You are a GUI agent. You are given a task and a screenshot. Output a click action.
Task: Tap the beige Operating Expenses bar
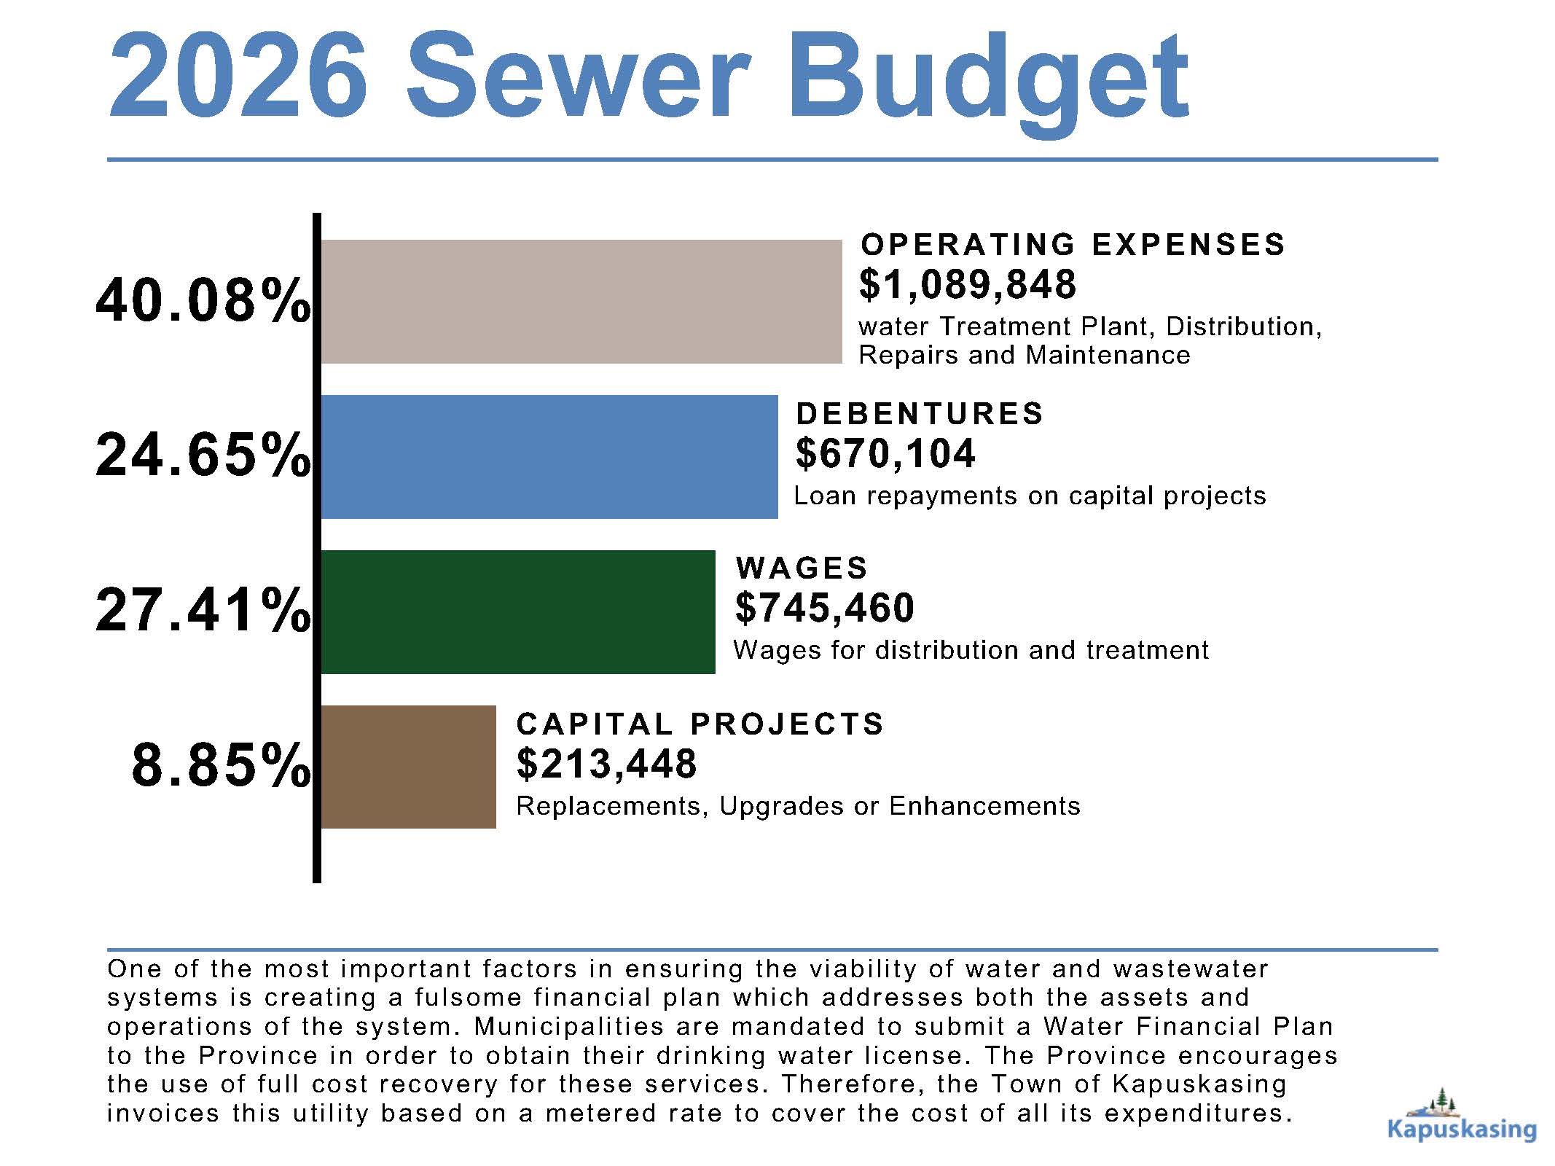[x=581, y=301]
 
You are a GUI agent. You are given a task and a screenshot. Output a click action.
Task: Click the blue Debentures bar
[x=549, y=456]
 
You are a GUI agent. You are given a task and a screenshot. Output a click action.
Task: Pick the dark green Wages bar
[x=517, y=611]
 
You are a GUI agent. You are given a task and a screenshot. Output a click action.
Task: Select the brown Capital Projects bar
[x=408, y=767]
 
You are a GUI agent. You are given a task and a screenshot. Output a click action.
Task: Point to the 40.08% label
[x=203, y=301]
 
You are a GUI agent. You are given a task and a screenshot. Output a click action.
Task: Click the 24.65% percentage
[x=203, y=456]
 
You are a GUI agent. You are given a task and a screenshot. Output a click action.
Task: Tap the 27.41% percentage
[x=203, y=611]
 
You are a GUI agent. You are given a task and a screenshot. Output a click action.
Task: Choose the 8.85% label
[x=221, y=766]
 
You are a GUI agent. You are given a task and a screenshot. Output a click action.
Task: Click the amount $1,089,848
[x=967, y=284]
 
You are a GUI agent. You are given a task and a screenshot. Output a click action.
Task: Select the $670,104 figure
[x=885, y=453]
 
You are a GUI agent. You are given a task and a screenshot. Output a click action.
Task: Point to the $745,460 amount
[x=824, y=608]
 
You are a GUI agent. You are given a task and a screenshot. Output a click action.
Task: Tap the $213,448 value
[x=606, y=764]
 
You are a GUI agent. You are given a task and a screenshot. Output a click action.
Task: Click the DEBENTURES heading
[x=920, y=414]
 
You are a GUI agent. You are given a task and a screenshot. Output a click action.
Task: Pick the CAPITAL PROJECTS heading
[x=700, y=724]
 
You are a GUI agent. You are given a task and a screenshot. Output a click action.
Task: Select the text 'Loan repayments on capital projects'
[x=1030, y=496]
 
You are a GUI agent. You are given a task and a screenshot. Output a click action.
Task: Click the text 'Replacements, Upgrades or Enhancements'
[x=798, y=807]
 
